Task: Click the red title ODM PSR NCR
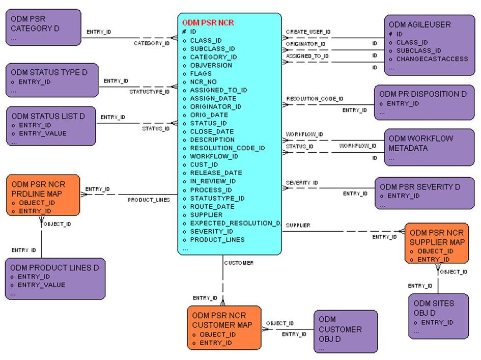point(208,23)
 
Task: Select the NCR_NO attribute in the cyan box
point(203,81)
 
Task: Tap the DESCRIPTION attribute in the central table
point(212,140)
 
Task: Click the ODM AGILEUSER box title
point(419,24)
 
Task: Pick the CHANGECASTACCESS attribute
point(432,59)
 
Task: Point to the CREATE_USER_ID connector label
point(308,32)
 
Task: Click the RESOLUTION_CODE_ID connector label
point(314,99)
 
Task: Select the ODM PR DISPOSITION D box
point(423,102)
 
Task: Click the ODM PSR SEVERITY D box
point(424,192)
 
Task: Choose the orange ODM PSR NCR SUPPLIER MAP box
point(437,243)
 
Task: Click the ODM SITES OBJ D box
point(438,316)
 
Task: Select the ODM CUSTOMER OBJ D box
point(345,331)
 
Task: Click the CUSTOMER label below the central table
point(239,263)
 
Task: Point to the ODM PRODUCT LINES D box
point(55,278)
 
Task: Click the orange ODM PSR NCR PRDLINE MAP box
point(43,195)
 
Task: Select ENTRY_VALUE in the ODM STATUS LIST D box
point(42,133)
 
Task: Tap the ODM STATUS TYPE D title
point(49,72)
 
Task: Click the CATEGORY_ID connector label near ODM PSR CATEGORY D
point(151,43)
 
